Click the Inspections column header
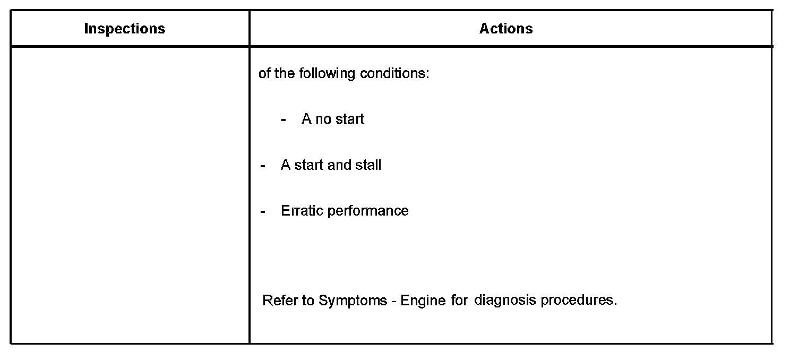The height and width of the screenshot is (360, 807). tap(125, 29)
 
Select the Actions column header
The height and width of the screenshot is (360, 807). tap(506, 29)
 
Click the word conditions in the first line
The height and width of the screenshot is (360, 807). tap(394, 73)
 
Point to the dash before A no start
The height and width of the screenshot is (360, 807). tap(284, 119)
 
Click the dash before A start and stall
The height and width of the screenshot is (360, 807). tap(263, 166)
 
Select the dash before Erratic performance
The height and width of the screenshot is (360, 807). tap(263, 211)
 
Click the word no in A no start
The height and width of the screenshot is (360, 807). tap(323, 119)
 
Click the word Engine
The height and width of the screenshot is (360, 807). tap(423, 301)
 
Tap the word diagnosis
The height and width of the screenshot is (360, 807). tap(505, 301)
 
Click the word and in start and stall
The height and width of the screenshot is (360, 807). tap(339, 165)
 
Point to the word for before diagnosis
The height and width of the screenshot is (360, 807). tap(460, 301)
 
